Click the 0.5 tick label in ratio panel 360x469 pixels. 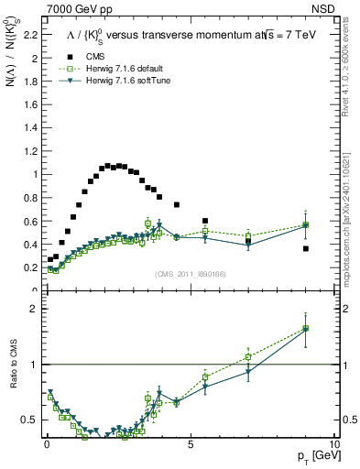tap(29, 420)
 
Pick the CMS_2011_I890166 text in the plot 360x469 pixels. tap(191, 274)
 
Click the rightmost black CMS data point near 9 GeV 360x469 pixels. tap(305, 248)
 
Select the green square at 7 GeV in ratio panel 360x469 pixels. tap(248, 357)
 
